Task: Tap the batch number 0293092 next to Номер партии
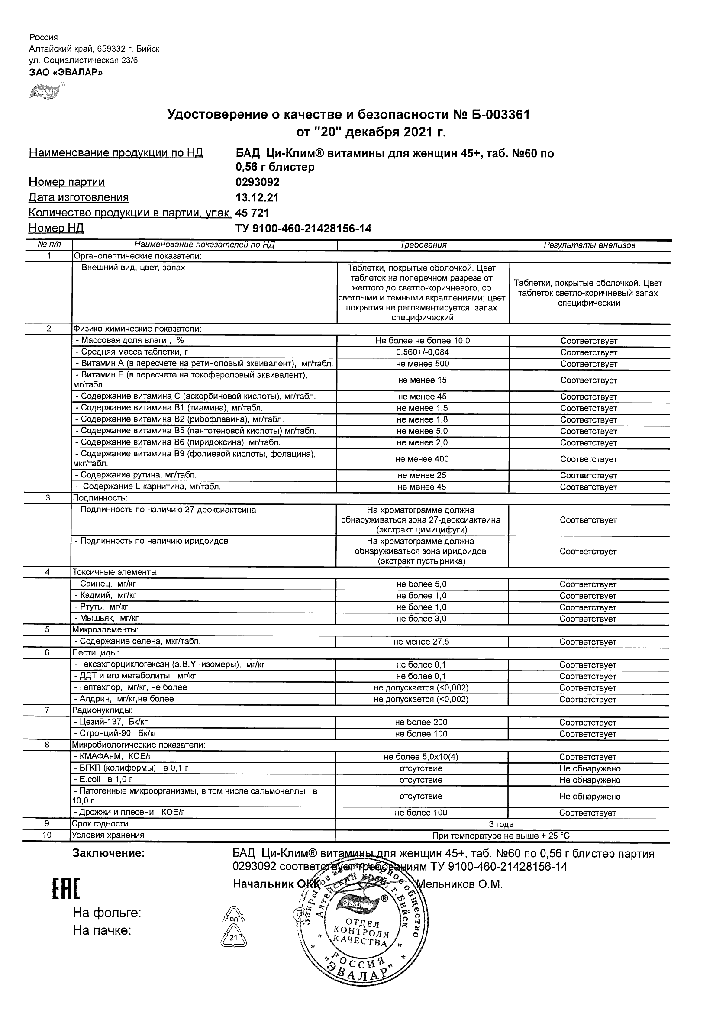[258, 182]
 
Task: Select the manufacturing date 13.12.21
[257, 198]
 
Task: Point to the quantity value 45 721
[252, 213]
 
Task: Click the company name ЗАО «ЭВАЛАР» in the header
[66, 72]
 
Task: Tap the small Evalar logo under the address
[44, 92]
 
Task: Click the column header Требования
[423, 245]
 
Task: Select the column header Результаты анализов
[590, 245]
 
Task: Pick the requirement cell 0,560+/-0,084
[423, 352]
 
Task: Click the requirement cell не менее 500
[423, 364]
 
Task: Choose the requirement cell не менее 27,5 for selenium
[421, 642]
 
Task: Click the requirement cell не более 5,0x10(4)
[421, 757]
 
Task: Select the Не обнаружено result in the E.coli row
[590, 780]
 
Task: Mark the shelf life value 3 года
[502, 824]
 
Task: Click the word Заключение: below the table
[109, 854]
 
